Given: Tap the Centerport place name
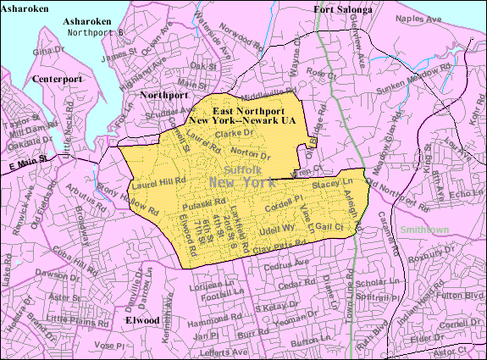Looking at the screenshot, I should click(54, 79).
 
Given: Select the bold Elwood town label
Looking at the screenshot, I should click(142, 321).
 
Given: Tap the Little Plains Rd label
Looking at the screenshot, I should click(76, 318).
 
